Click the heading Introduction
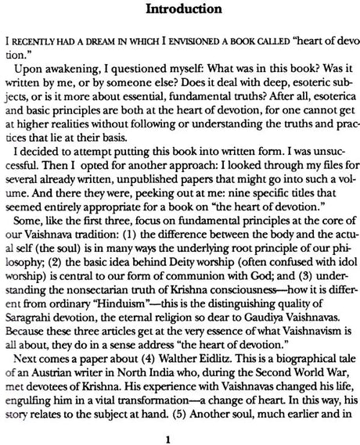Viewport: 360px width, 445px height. tap(180, 12)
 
